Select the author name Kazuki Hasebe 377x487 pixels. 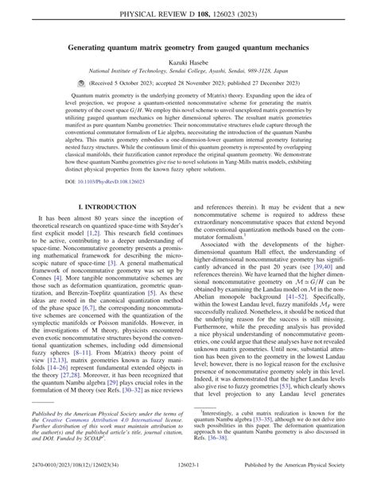(188, 62)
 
